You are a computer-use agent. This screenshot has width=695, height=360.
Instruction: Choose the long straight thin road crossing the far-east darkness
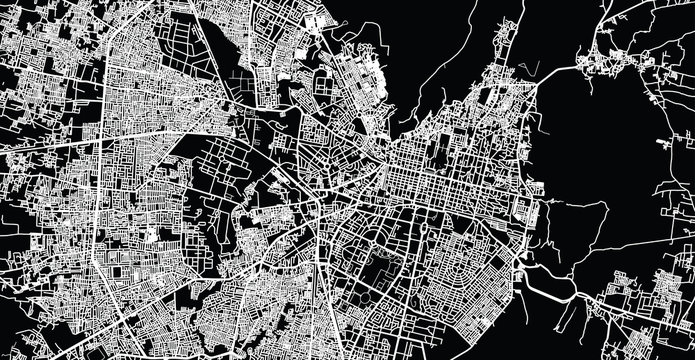click(x=640, y=180)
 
